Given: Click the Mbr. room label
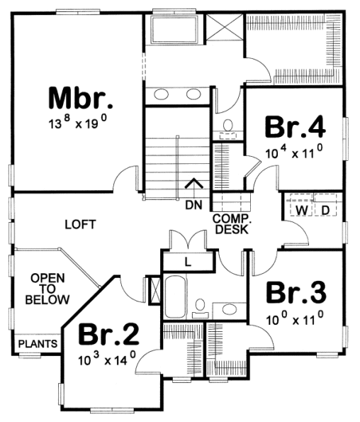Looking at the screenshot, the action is pyautogui.click(x=80, y=99).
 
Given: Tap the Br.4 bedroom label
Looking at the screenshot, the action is pyautogui.click(x=296, y=127).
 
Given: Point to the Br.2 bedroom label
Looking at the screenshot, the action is pyautogui.click(x=108, y=334).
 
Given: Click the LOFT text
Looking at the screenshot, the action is pyautogui.click(x=80, y=224).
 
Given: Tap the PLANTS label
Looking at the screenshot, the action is pyautogui.click(x=38, y=344).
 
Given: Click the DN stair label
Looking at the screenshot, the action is pyautogui.click(x=193, y=205).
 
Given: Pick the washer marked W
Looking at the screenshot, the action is pyautogui.click(x=302, y=210).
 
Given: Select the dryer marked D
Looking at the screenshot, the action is pyautogui.click(x=325, y=210).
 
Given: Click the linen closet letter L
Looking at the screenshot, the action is pyautogui.click(x=188, y=262).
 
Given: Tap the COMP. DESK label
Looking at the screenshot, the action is pyautogui.click(x=232, y=224).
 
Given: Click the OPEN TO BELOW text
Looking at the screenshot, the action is pyautogui.click(x=47, y=289).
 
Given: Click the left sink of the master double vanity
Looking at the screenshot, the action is pyautogui.click(x=161, y=94).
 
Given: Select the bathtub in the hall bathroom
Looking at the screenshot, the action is pyautogui.click(x=175, y=297).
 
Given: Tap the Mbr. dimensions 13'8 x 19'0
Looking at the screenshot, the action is pyautogui.click(x=78, y=123).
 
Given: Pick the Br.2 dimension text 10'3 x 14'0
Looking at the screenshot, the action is pyautogui.click(x=107, y=359).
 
